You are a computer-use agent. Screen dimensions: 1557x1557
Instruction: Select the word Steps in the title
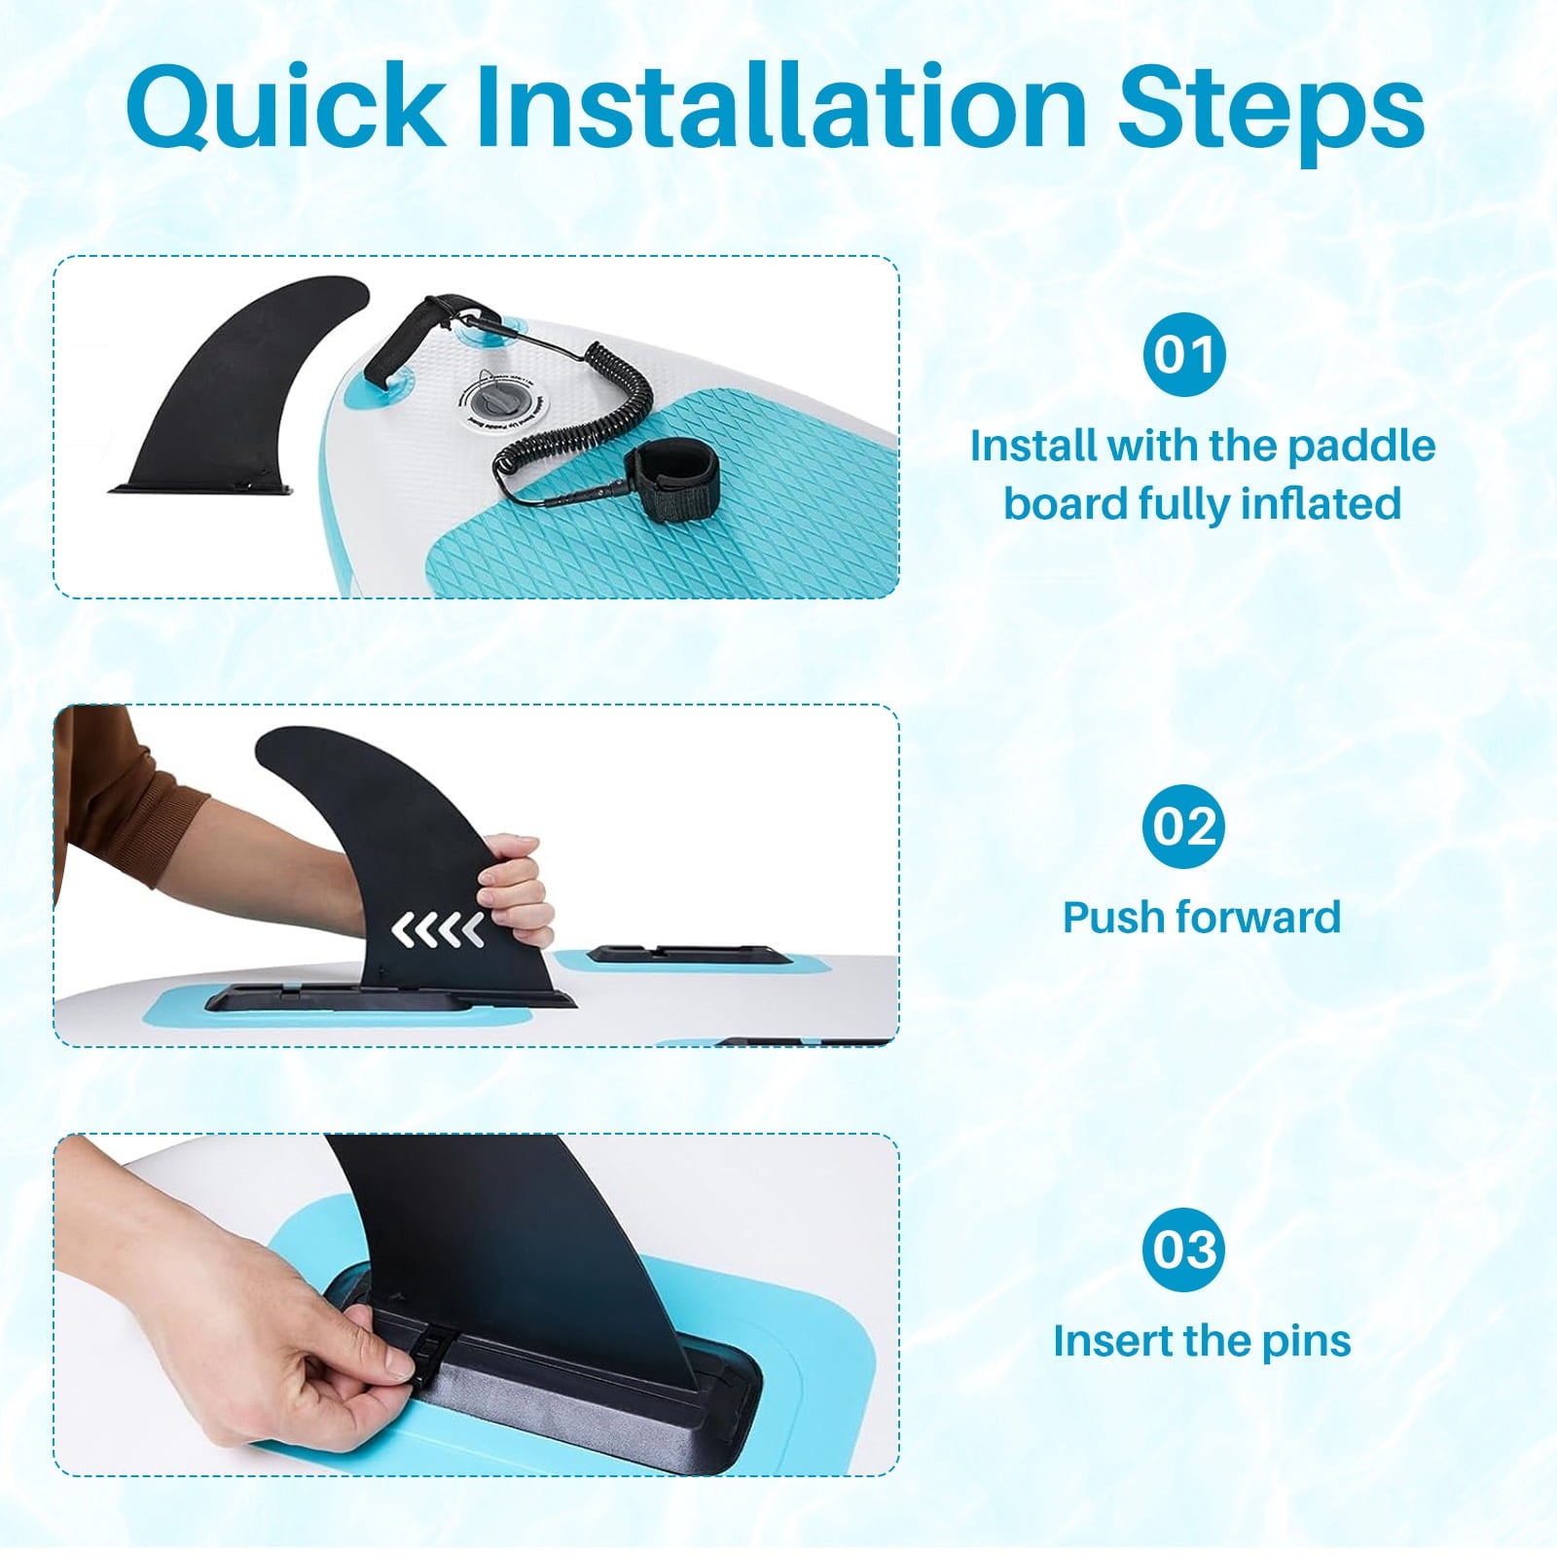pos(1271,109)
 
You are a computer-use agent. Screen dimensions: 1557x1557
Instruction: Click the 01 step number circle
pos(1184,354)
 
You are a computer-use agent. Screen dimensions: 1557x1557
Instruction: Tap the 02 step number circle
pos(1184,826)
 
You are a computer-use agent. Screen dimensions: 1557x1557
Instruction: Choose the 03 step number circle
pos(1184,1249)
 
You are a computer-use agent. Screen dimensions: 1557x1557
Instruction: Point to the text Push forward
pos(1202,917)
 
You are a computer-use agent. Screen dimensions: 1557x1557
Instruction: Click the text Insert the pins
pos(1202,1341)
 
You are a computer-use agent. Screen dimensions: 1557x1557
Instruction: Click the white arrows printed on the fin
pos(438,930)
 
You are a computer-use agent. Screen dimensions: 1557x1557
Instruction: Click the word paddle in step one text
pos(1361,446)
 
